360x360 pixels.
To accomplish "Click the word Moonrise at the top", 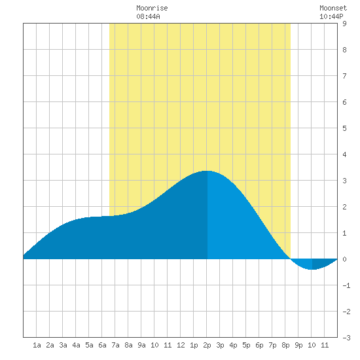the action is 152,8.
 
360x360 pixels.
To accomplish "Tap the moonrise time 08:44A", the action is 148,16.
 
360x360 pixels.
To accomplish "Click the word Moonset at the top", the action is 333,8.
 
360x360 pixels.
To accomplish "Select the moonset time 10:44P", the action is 331,16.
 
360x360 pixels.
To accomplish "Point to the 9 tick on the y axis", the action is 344,24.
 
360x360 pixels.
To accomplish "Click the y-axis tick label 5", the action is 344,128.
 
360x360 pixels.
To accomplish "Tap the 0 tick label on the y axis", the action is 344,259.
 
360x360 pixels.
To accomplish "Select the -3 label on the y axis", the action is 346,338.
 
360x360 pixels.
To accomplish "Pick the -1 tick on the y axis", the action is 346,285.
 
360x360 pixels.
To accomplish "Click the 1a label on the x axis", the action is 37,345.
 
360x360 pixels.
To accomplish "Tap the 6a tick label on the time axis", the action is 102,345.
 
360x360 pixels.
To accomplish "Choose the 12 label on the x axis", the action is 181,345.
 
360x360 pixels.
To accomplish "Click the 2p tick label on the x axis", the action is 207,345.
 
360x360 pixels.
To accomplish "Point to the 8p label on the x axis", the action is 285,345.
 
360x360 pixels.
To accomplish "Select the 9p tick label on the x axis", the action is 298,345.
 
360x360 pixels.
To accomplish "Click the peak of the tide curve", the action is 207,171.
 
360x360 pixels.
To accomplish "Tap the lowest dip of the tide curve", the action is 313,269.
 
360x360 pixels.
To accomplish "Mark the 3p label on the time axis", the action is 220,345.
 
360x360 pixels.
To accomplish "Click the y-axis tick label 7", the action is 344,76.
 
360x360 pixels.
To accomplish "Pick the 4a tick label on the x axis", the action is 76,345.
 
